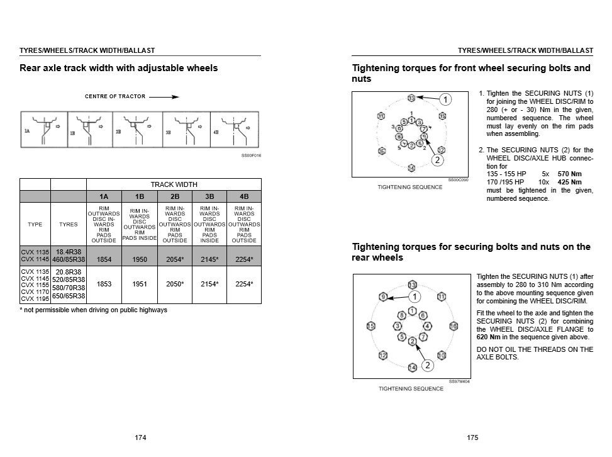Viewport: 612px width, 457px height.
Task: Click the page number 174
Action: [141, 437]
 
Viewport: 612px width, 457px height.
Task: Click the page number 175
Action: [474, 437]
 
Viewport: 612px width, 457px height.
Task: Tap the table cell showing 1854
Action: [104, 259]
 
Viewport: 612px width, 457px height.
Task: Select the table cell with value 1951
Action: [139, 285]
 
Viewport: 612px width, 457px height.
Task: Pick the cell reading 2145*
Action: [209, 259]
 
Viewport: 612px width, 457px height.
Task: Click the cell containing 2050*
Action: [174, 285]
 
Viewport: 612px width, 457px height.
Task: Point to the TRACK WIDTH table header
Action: [174, 184]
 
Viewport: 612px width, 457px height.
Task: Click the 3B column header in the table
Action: [209, 196]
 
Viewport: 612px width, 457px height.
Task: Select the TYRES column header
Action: [68, 223]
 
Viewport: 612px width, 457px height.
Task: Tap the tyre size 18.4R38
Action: [68, 251]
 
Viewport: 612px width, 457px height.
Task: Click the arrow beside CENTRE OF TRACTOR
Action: [164, 97]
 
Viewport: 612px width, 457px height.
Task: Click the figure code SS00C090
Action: [458, 179]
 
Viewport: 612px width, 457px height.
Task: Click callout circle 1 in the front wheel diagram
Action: [445, 99]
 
